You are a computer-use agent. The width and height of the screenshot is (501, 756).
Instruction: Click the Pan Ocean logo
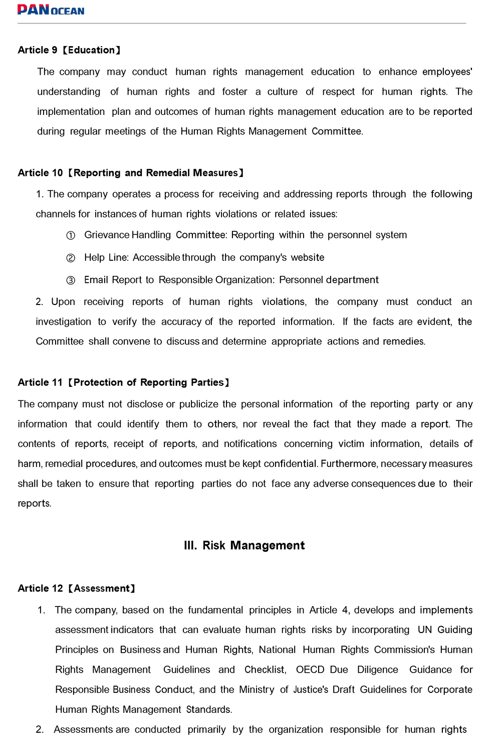(51, 10)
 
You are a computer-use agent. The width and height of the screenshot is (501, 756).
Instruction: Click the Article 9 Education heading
(69, 50)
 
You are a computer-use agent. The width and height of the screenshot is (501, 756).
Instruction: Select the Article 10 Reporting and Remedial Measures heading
(131, 173)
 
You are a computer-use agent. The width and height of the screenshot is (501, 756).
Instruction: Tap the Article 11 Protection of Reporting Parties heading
(123, 383)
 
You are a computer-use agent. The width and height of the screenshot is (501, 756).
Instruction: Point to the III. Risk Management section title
(244, 546)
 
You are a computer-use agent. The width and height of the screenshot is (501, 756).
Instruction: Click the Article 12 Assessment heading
(76, 588)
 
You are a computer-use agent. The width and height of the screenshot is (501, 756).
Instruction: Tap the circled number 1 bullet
(71, 236)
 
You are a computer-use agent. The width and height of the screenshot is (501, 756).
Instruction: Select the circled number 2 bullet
(71, 258)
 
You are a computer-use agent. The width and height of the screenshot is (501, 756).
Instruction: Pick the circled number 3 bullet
(71, 280)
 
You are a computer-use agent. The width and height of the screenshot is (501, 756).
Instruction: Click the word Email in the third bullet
(96, 280)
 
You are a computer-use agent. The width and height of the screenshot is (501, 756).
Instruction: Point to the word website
(308, 258)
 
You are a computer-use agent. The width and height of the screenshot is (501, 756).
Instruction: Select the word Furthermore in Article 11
(349, 464)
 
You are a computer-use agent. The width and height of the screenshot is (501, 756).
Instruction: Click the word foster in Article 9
(234, 92)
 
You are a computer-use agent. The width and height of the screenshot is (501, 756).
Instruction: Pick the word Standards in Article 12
(209, 710)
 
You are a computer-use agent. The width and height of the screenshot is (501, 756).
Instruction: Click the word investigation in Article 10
(63, 322)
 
